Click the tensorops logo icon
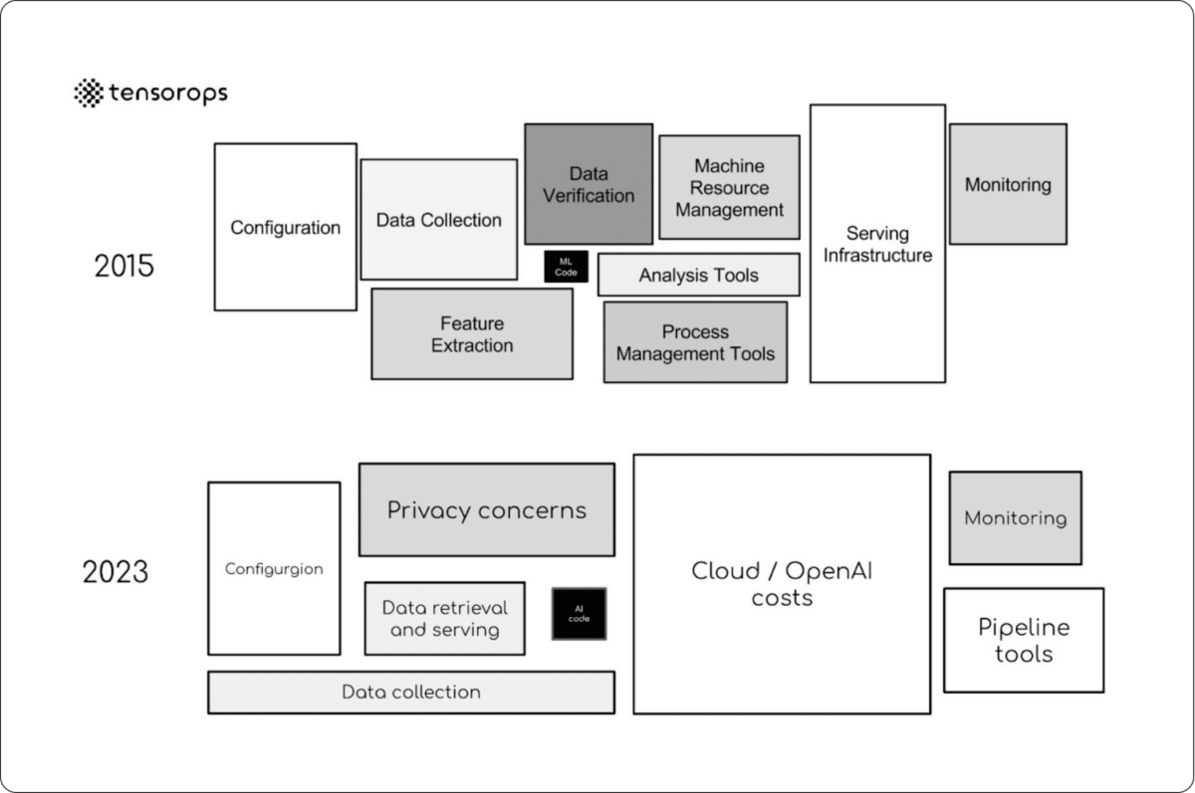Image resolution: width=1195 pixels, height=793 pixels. (x=89, y=93)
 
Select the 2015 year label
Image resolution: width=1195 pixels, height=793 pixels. (x=124, y=267)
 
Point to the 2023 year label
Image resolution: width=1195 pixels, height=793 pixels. (x=116, y=572)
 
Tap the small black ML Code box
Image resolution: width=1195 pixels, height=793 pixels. (x=566, y=267)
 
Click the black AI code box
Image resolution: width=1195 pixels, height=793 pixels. (x=579, y=614)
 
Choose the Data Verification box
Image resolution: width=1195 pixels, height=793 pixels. (x=589, y=184)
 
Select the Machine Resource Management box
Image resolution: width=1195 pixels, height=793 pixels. (x=729, y=187)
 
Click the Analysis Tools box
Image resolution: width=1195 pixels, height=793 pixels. (x=698, y=276)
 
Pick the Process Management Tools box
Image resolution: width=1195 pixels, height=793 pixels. (x=695, y=342)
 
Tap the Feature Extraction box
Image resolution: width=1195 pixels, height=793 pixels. (x=472, y=334)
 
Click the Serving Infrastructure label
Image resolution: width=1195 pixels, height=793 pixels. (x=877, y=244)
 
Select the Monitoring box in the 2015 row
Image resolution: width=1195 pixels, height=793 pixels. (x=1008, y=184)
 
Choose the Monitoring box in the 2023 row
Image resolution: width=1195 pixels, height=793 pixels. (x=1015, y=518)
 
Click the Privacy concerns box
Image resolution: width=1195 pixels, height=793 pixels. (x=486, y=510)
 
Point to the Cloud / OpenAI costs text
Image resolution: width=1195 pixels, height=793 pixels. (x=782, y=584)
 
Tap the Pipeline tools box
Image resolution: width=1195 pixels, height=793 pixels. (x=1024, y=640)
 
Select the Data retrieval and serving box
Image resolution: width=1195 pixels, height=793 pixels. (x=444, y=619)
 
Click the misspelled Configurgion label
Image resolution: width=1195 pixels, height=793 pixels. (x=274, y=569)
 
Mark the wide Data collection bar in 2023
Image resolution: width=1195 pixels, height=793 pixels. (x=410, y=693)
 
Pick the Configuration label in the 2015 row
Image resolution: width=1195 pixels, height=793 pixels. (x=286, y=228)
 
